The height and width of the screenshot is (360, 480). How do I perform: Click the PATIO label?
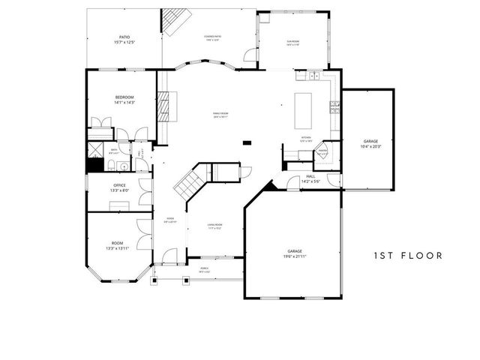[x=124, y=39]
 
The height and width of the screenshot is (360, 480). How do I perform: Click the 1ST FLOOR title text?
[x=408, y=255]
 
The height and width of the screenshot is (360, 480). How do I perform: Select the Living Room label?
[x=215, y=226]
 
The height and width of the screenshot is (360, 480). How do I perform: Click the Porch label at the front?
[x=204, y=269]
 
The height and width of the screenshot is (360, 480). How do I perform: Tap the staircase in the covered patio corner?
[x=175, y=22]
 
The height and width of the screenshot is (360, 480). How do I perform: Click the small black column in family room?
[x=247, y=141]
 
